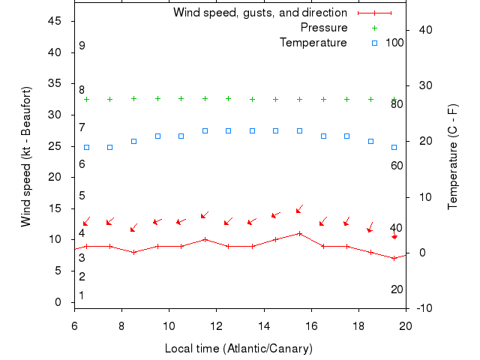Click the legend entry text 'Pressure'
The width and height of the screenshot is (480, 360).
(x=324, y=28)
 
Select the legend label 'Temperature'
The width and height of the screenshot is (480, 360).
(x=313, y=43)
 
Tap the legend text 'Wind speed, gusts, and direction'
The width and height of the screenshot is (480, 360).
(x=260, y=13)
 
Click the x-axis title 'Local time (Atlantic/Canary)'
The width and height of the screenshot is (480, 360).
(x=238, y=349)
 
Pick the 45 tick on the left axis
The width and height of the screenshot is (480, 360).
(x=55, y=21)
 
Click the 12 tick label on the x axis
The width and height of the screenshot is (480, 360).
(x=217, y=325)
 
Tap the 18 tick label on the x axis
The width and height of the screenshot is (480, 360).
(x=358, y=325)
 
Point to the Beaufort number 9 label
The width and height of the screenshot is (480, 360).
(x=82, y=46)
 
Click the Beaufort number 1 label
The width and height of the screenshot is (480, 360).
(x=82, y=295)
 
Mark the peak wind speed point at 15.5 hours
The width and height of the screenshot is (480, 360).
(x=300, y=233)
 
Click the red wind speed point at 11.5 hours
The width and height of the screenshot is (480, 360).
(x=205, y=239)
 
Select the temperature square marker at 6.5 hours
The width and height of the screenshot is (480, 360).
(x=86, y=147)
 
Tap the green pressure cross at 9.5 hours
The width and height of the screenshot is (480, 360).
(x=157, y=98)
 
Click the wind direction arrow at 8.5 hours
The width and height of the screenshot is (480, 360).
(x=133, y=228)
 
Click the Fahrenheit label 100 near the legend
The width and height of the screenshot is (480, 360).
(x=394, y=43)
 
